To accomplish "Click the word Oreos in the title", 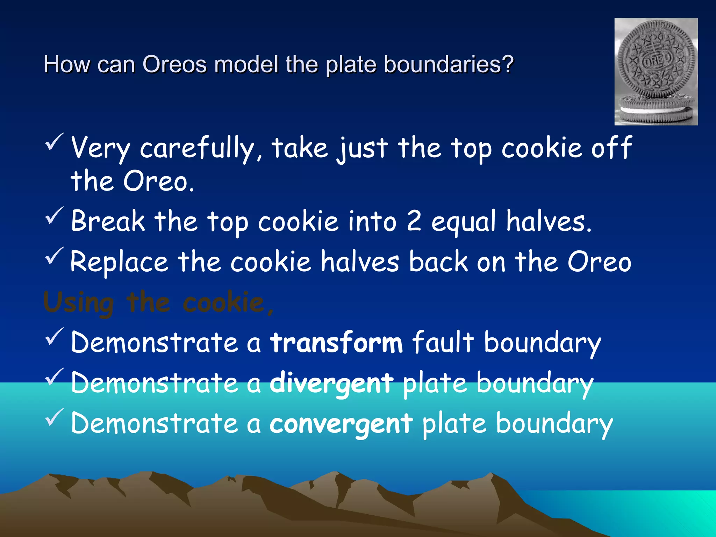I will click(174, 65).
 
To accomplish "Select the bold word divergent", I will click(331, 383).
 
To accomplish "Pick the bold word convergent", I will click(341, 424).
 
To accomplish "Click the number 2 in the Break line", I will click(414, 221).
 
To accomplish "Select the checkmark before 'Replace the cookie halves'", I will click(54, 256).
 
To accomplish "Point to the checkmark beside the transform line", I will click(54, 337).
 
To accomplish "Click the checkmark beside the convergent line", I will click(54, 417).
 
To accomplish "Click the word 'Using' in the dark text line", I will click(79, 303).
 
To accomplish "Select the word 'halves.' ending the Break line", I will click(549, 222).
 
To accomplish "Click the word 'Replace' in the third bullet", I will click(119, 262).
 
